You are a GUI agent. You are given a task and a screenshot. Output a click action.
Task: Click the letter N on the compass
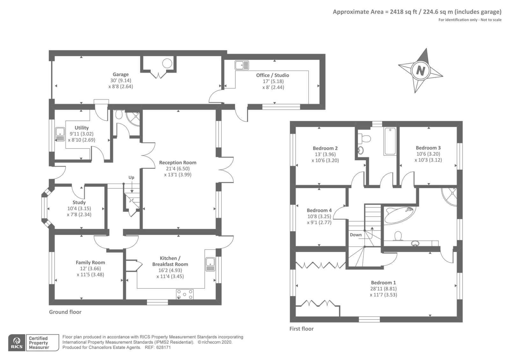(x=420, y=71)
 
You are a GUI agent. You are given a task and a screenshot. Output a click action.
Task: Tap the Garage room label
(x=121, y=75)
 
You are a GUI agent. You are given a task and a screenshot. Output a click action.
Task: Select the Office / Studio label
(x=273, y=75)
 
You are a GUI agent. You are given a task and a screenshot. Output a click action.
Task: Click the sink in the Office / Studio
(x=242, y=65)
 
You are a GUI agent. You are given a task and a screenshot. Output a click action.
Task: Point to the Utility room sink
(x=60, y=134)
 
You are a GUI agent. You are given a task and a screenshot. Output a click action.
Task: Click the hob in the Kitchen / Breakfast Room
(x=185, y=294)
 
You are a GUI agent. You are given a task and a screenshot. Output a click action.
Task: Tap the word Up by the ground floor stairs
(x=131, y=177)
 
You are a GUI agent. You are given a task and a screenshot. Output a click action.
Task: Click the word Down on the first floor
(x=356, y=235)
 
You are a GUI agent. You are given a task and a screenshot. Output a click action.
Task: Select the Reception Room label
(x=178, y=163)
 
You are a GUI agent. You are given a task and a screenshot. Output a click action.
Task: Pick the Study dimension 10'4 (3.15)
(x=79, y=208)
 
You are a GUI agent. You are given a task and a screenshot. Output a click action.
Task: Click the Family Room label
(x=91, y=263)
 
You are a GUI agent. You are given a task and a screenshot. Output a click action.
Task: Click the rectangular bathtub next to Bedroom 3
(x=390, y=141)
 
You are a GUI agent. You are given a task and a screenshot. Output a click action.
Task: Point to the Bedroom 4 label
(x=319, y=211)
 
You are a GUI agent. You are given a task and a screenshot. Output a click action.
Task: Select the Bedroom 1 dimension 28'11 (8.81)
(x=384, y=289)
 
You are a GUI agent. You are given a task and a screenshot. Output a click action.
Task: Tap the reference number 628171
(x=163, y=348)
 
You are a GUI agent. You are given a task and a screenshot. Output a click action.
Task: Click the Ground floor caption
(x=65, y=312)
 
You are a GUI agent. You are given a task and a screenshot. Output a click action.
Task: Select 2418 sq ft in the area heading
(x=403, y=12)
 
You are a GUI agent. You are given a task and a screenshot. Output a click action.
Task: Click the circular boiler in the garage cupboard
(x=167, y=63)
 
